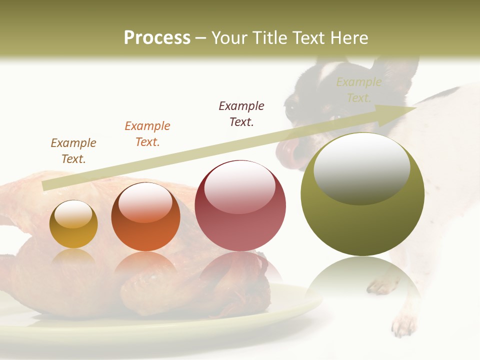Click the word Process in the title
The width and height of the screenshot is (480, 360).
(157, 38)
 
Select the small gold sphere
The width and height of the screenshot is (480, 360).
(73, 224)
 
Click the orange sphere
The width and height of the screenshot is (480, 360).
(145, 217)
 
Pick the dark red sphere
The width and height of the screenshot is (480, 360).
(240, 206)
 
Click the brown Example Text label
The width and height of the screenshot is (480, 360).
(73, 150)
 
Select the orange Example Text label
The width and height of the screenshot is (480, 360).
(147, 133)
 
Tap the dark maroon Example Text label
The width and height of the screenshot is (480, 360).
(241, 113)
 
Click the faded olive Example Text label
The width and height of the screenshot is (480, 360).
(358, 89)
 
